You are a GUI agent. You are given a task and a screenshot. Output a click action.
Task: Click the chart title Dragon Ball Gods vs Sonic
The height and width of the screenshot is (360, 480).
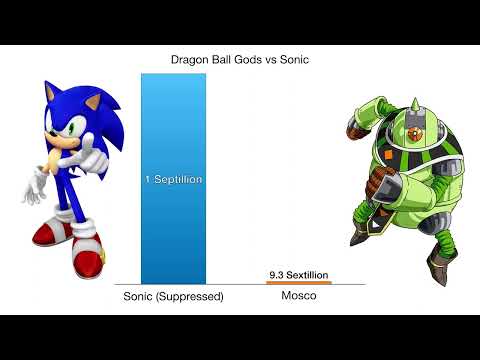tap(239, 59)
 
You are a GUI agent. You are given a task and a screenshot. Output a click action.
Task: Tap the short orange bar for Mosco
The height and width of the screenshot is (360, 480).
tap(298, 283)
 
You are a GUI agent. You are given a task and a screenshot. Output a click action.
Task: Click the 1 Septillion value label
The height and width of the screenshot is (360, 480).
tap(173, 180)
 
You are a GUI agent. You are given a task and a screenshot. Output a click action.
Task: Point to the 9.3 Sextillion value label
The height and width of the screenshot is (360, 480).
tap(298, 274)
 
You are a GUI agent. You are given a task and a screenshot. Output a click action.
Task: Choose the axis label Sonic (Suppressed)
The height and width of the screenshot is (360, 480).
tap(173, 297)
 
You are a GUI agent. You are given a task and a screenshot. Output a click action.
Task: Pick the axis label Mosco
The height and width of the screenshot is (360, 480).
tap(298, 297)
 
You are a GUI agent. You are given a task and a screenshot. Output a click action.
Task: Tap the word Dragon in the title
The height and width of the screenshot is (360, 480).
tap(191, 59)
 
